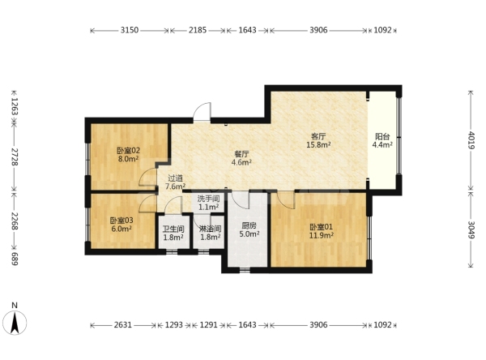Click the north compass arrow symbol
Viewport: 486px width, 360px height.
[x=15, y=323]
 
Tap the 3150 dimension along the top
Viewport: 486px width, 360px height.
[x=130, y=30]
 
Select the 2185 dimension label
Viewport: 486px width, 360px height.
[x=198, y=30]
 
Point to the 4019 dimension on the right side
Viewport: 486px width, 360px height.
[x=471, y=140]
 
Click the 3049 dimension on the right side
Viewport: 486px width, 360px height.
[x=471, y=230]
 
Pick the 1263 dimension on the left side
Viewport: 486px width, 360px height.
[x=15, y=106]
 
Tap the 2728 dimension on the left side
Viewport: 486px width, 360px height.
[x=15, y=156]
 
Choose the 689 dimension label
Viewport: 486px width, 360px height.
[x=15, y=259]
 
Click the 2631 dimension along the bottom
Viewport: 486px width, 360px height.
[x=123, y=325]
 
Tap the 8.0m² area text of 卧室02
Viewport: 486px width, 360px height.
[x=128, y=159]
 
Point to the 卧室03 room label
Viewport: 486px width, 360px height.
[x=122, y=221]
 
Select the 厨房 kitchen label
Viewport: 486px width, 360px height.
[x=249, y=225]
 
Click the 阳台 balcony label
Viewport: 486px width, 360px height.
[x=382, y=136]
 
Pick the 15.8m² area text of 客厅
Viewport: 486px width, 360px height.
[x=318, y=144]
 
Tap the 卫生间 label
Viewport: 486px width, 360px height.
[x=173, y=229]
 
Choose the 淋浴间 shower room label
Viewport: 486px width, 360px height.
[x=210, y=229]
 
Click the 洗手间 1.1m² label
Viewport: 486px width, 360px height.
[x=209, y=203]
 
